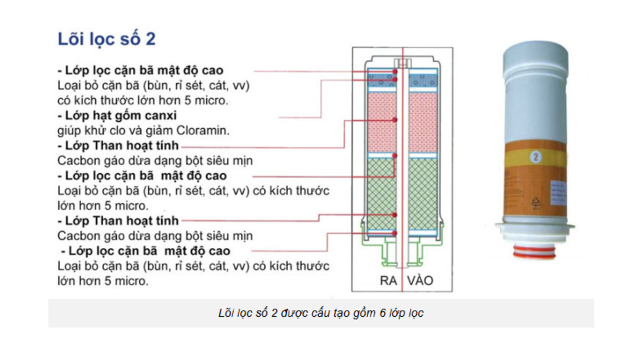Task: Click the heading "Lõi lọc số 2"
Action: (x=106, y=39)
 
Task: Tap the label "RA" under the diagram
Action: (x=389, y=281)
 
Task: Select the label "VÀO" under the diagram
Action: (x=420, y=281)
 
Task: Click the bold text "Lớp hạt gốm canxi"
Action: (x=117, y=116)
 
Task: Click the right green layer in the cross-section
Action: (x=423, y=194)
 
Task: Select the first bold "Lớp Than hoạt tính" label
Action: (x=117, y=146)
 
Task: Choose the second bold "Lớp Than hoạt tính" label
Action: (x=117, y=221)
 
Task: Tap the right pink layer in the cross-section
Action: (x=423, y=122)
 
